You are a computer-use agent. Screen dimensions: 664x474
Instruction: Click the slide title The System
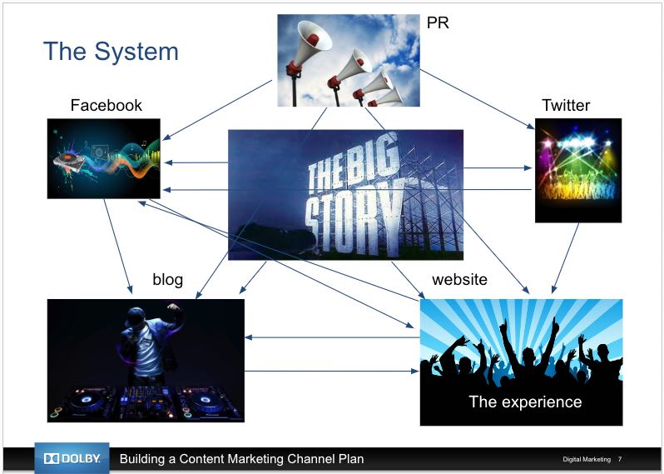(x=111, y=52)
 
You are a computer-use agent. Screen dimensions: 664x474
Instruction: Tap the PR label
(x=438, y=22)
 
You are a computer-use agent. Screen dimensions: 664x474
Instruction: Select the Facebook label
(x=107, y=105)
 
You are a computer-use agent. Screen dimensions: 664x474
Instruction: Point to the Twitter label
(x=566, y=105)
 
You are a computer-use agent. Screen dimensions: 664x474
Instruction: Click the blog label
(x=168, y=279)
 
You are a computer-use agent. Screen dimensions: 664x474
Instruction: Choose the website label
(x=459, y=279)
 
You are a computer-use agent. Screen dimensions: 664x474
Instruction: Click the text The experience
(x=525, y=402)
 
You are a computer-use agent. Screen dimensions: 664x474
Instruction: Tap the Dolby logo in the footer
(x=72, y=458)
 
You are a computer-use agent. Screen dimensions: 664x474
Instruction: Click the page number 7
(x=620, y=459)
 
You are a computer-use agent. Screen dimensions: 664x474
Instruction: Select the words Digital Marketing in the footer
(x=587, y=459)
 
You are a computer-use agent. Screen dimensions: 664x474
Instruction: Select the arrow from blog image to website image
(x=331, y=371)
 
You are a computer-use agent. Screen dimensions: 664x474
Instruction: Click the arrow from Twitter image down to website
(x=565, y=258)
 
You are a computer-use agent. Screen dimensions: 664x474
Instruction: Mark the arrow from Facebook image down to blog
(x=118, y=247)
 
